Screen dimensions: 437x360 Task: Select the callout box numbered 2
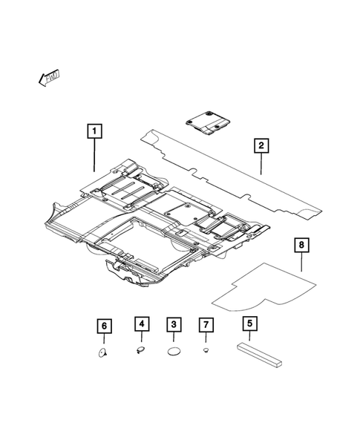[260, 145]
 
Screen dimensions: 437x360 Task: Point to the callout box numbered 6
[104, 325]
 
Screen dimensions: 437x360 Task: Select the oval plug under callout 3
[174, 352]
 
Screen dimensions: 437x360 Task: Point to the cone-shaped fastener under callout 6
[104, 353]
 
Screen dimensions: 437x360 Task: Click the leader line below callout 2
[260, 164]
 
